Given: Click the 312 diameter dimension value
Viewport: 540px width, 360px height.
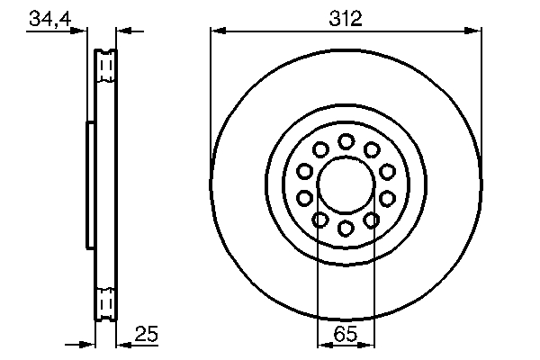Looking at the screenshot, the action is coord(346,19).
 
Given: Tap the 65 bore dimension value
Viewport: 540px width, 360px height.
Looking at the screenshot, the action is coord(346,334).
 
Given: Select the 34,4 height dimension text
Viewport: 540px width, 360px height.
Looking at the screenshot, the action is coord(50,19).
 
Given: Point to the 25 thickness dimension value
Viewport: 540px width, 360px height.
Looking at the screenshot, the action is coord(147,334).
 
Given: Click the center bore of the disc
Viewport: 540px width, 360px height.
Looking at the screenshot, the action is coord(346,185).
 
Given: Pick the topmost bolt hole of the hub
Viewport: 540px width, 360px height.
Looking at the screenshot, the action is coord(346,141).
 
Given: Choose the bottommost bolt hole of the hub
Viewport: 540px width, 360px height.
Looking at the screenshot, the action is coord(346,228).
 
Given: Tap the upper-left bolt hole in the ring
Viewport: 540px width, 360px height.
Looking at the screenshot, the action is coord(320,150).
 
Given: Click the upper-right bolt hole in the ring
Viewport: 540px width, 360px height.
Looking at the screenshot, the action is coord(372,150).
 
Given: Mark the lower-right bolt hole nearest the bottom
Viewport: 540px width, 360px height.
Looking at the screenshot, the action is coord(371,220).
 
